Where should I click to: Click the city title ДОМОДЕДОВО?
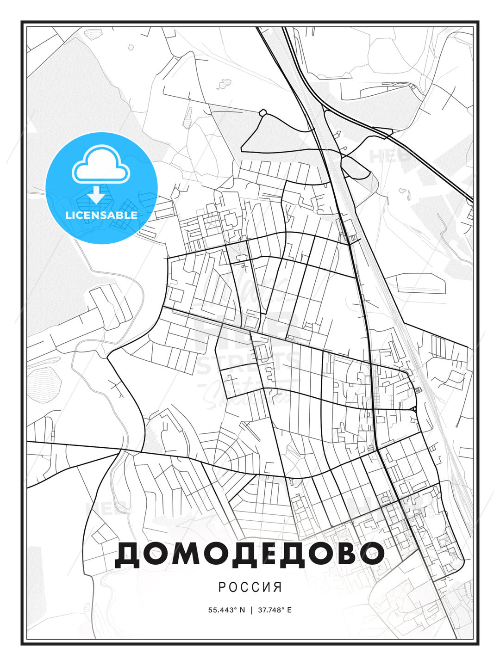tap(249, 553)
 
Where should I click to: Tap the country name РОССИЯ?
tap(250, 587)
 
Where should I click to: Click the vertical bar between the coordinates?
tap(251, 610)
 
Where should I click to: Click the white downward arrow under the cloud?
tap(96, 194)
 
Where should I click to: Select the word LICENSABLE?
tap(101, 215)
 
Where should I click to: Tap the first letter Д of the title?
tap(128, 554)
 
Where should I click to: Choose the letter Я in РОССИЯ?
tap(278, 587)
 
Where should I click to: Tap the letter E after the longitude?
tap(289, 610)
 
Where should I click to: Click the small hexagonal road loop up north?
tap(263, 112)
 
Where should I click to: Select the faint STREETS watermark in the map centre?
tap(248, 363)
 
